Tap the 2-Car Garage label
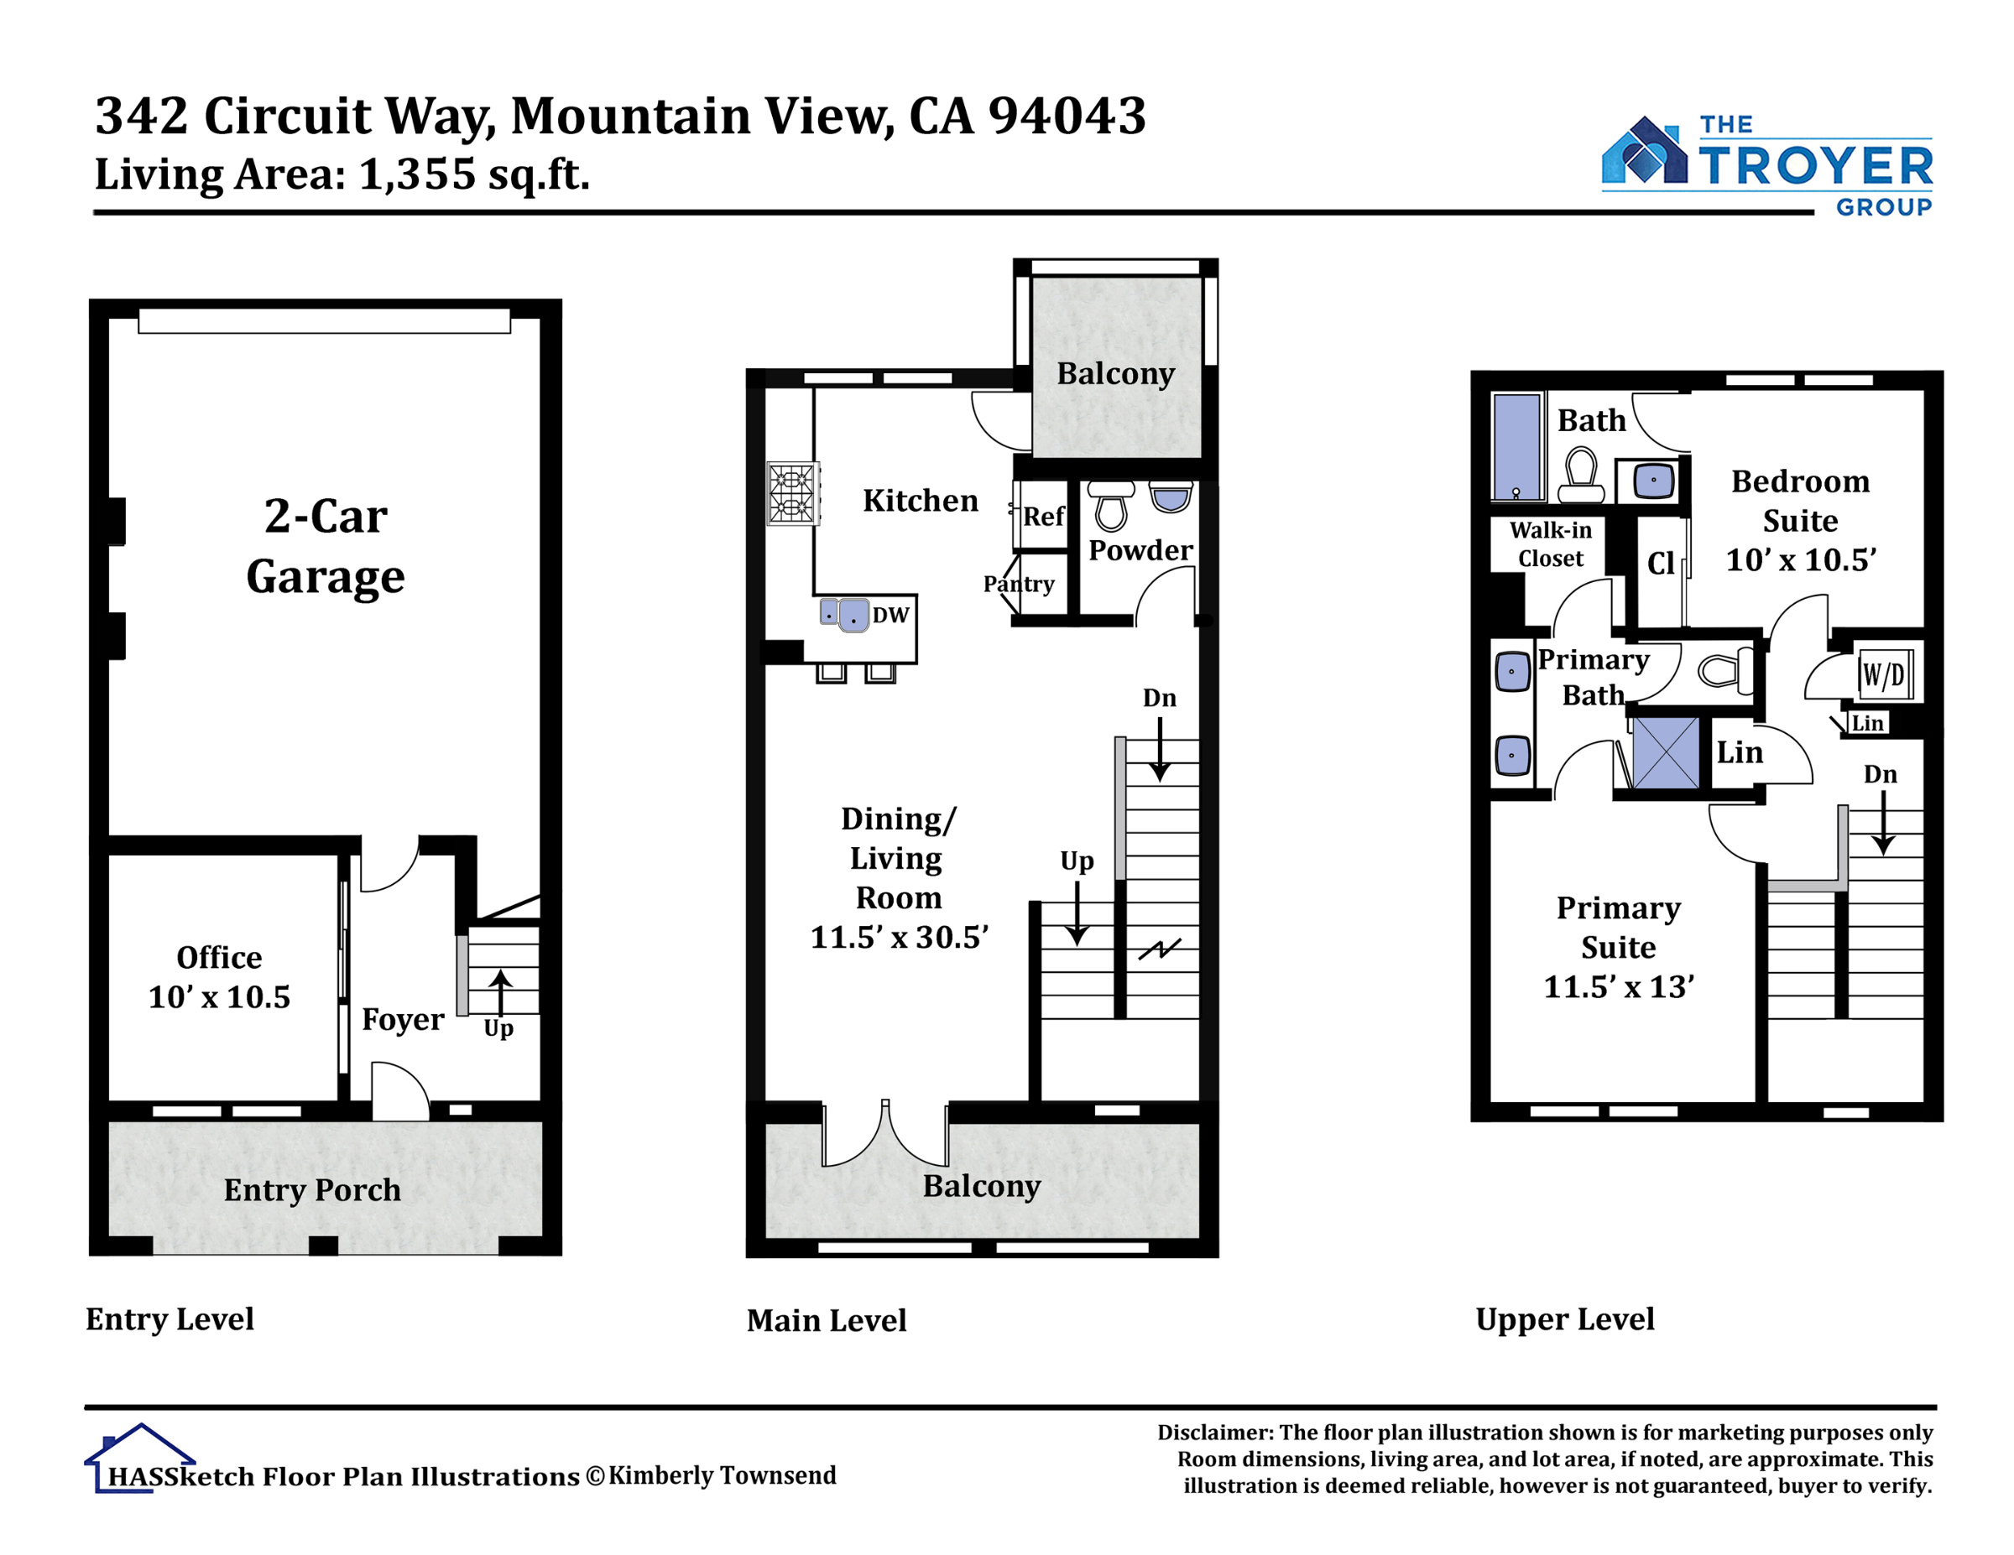click(326, 546)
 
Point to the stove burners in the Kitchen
click(793, 493)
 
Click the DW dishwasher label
click(891, 615)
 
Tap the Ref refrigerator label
click(1044, 516)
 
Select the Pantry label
click(1018, 584)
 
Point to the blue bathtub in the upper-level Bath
click(1517, 447)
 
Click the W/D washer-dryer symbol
click(1884, 674)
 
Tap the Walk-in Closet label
click(1550, 543)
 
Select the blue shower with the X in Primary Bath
click(1666, 753)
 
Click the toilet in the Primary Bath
click(1725, 669)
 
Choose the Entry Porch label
click(313, 1190)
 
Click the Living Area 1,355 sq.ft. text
click(342, 174)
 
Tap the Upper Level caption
click(1565, 1320)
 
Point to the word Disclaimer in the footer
click(1216, 1433)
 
